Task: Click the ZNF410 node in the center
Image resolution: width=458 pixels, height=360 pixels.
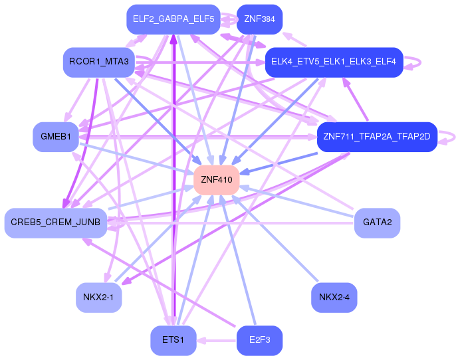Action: click(217, 179)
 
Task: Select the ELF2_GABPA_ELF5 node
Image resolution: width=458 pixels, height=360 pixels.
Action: click(173, 19)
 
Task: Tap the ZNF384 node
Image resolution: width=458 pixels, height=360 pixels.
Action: click(259, 19)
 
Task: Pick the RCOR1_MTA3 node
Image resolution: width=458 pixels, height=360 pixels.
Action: click(99, 62)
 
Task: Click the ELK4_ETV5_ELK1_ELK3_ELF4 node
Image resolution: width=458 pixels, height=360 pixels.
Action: click(334, 62)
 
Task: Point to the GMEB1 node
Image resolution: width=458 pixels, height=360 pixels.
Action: click(55, 137)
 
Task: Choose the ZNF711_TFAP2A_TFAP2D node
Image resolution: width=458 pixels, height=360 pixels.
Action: click(377, 137)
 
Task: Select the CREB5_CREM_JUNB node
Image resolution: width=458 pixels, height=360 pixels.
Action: click(55, 223)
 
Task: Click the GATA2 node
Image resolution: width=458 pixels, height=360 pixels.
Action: click(377, 223)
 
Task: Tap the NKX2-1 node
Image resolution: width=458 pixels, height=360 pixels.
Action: click(99, 298)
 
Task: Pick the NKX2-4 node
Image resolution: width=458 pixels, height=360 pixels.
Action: click(334, 298)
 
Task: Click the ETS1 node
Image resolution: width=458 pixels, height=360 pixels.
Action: click(173, 341)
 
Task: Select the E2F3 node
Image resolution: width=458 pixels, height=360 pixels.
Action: click(259, 341)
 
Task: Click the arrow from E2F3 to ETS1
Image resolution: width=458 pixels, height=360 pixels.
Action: click(217, 341)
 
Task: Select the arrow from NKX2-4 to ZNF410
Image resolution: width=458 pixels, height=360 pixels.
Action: click(275, 239)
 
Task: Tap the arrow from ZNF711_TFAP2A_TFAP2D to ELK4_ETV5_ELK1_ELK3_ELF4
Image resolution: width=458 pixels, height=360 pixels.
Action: click(355, 99)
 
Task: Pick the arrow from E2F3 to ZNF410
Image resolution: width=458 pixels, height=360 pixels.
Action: click(238, 260)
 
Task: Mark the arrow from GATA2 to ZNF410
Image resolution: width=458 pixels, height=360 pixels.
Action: click(296, 201)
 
